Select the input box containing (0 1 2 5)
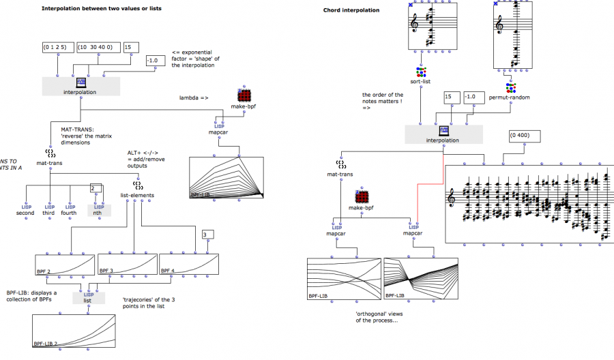(x=57, y=48)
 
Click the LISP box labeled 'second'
(x=25, y=209)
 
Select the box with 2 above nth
(x=96, y=189)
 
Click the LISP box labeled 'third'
(x=48, y=209)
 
